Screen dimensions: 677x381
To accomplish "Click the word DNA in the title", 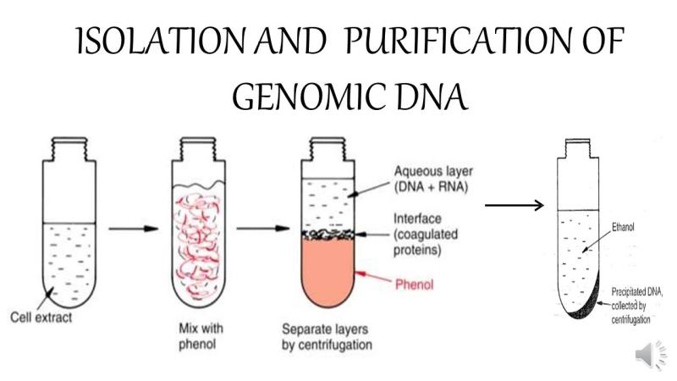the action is coord(432,97).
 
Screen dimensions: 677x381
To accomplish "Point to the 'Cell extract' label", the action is coord(41,317).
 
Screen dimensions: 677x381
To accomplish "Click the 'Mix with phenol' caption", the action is coord(201,336).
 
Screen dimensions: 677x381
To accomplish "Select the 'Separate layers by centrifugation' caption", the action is coord(327,337).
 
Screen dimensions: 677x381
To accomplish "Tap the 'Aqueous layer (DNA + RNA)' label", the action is coord(433,179).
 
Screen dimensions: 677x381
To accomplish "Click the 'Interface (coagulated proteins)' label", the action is coord(426,235).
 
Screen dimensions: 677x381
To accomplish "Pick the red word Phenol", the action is coord(414,284).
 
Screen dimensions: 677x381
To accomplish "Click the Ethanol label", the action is coord(623,227).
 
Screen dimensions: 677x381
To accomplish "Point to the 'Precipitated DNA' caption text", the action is coord(636,306).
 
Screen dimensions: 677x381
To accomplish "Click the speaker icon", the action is coord(650,355).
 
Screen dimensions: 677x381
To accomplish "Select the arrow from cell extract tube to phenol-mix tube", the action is coord(134,229).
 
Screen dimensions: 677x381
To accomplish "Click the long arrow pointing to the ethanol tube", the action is coord(514,205).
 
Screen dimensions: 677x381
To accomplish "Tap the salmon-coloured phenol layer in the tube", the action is coord(327,270).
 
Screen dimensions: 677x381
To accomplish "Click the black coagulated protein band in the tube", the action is coord(327,235).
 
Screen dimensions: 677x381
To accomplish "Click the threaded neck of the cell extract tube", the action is coord(69,149).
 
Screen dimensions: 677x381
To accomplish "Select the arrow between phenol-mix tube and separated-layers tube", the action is coord(262,228).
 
